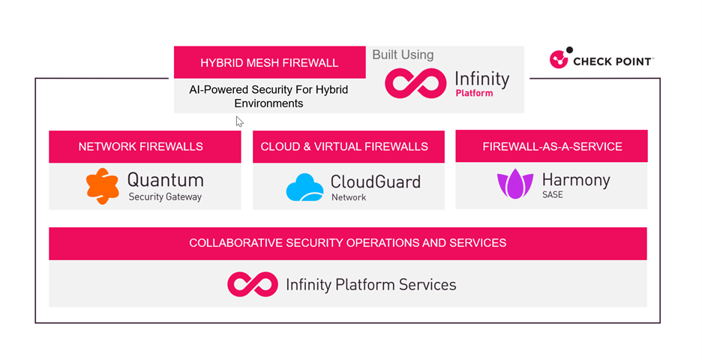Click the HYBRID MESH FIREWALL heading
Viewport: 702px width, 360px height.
pyautogui.click(x=269, y=63)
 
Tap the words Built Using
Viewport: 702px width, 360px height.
pyautogui.click(x=403, y=55)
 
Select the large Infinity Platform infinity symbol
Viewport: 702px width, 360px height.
pyautogui.click(x=415, y=84)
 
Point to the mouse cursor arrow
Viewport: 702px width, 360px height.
pyautogui.click(x=239, y=121)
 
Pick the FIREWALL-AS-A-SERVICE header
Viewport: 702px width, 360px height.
pyautogui.click(x=552, y=147)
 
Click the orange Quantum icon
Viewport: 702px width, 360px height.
pyautogui.click(x=102, y=186)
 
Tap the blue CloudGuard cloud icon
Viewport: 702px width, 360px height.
pyautogui.click(x=304, y=188)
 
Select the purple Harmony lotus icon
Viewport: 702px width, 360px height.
pyautogui.click(x=514, y=184)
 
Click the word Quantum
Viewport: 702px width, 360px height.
pyautogui.click(x=165, y=180)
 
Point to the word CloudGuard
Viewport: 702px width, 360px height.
pyautogui.click(x=376, y=181)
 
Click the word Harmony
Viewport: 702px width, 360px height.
pyautogui.click(x=576, y=180)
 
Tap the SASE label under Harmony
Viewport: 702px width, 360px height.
pyautogui.click(x=552, y=195)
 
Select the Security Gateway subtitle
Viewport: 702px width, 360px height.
pyautogui.click(x=165, y=197)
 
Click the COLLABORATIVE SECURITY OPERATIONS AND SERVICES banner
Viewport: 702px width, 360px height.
pyautogui.click(x=347, y=243)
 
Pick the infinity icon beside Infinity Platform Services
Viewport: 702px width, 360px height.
pyautogui.click(x=252, y=284)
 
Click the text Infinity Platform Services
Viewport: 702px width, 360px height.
pyautogui.click(x=370, y=285)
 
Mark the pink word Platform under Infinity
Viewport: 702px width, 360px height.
pyautogui.click(x=474, y=94)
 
